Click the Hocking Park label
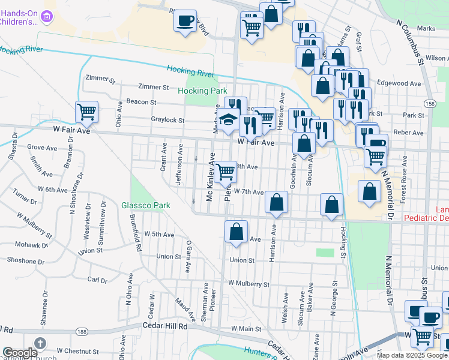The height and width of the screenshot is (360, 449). [202, 91]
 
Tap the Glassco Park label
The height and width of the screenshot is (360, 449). [145, 205]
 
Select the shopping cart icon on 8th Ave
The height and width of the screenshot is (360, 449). [226, 172]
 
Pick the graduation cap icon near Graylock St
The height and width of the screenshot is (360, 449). [228, 119]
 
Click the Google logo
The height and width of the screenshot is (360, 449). [20, 352]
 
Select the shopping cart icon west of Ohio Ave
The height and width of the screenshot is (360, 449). [87, 111]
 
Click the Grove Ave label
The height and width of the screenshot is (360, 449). [42, 147]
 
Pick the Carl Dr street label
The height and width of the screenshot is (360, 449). [97, 280]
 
